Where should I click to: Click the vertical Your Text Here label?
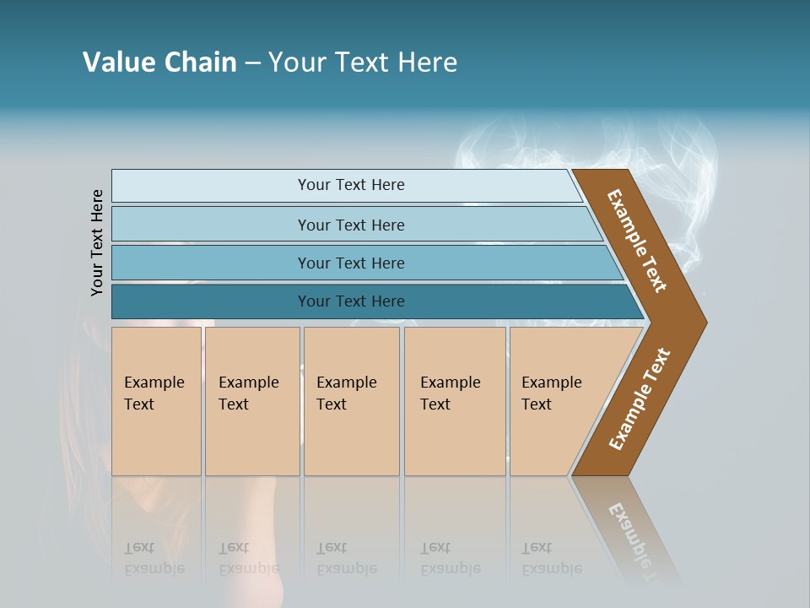(97, 242)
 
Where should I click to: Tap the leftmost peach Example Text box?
(156, 401)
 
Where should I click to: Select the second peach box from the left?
(251, 401)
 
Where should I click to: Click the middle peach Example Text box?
(351, 401)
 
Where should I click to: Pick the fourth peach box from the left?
(454, 401)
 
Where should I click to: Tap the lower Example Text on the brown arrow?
(640, 399)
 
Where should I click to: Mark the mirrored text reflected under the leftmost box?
(154, 558)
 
